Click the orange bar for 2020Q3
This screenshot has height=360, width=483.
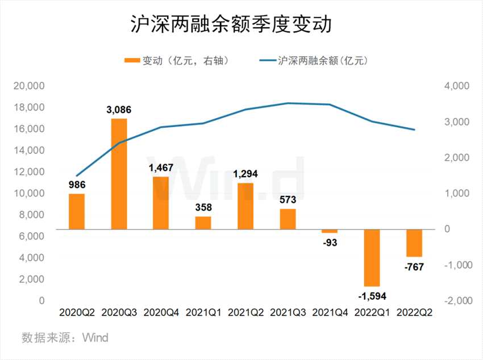click(119, 174)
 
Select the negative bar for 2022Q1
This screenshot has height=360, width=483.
click(372, 258)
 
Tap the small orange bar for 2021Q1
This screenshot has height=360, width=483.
click(203, 223)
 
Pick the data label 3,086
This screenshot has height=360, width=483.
click(119, 110)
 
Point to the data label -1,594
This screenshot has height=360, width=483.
click(372, 295)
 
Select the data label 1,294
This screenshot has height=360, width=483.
click(245, 174)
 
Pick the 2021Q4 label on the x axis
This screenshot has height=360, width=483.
click(330, 313)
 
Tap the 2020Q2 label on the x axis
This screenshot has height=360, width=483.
click(77, 313)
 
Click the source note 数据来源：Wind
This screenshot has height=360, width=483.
click(65, 338)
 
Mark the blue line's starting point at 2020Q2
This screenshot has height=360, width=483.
click(77, 176)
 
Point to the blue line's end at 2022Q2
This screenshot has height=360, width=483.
click(414, 130)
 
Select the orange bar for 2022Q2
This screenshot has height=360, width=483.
click(414, 243)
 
